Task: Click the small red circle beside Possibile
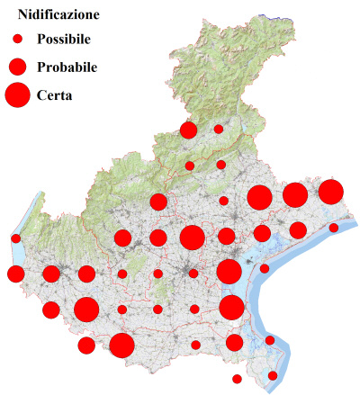[x=17, y=39]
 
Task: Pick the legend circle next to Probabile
[x=17, y=66]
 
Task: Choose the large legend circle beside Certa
[x=17, y=94]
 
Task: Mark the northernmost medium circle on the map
[x=188, y=130]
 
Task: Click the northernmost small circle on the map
[x=218, y=129]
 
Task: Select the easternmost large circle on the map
[x=330, y=192]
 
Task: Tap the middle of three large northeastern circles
[x=295, y=194]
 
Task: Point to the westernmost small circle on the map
[x=16, y=238]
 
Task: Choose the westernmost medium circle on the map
[x=15, y=274]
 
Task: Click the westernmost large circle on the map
[x=86, y=310]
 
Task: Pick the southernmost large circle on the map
[x=122, y=345]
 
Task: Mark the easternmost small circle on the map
[x=334, y=228]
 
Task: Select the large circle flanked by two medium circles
[x=192, y=238]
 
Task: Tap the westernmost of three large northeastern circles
[x=260, y=197]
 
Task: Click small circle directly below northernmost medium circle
[x=190, y=166]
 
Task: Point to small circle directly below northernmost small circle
[x=220, y=165]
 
